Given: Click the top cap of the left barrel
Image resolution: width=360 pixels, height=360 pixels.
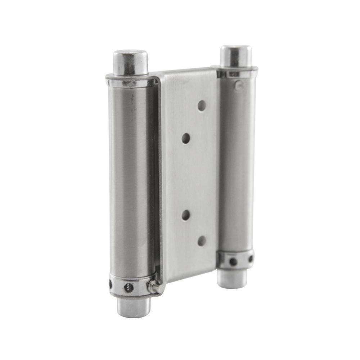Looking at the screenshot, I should click(x=130, y=62).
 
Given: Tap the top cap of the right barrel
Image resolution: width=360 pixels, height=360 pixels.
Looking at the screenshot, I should click(x=236, y=55).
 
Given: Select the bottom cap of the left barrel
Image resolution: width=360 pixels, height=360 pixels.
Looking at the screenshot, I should click(x=133, y=307).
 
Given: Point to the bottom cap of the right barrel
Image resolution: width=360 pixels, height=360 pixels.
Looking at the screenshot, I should click(x=232, y=278).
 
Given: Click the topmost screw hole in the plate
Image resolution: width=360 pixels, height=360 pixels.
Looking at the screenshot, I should click(x=202, y=105).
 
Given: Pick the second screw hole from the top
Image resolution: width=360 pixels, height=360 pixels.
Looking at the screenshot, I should click(x=186, y=138).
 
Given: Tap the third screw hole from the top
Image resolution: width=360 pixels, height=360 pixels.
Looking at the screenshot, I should click(x=186, y=215).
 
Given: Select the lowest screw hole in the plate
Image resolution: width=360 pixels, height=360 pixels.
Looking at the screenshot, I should click(x=202, y=241).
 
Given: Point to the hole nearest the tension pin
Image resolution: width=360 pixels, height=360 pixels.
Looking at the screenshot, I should click(x=129, y=287).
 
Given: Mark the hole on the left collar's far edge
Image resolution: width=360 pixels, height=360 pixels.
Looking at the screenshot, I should click(x=111, y=284).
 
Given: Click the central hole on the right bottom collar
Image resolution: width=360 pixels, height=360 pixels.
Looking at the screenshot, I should click(x=233, y=261).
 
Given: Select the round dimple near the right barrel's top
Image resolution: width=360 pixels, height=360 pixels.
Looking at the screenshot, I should click(x=238, y=85).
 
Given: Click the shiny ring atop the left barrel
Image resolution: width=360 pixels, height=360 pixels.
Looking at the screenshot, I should click(x=130, y=81).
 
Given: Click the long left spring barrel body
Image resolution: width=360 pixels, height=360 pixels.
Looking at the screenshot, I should click(x=130, y=180).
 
